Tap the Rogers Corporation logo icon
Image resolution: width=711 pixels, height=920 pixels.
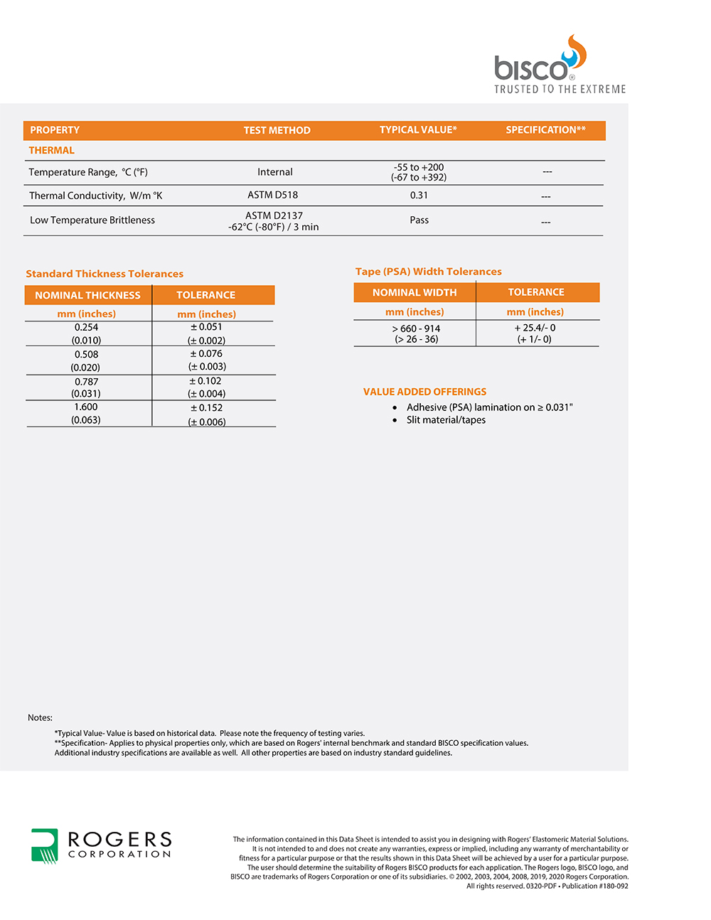click(44, 845)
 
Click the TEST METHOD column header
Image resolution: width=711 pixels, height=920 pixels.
click(277, 131)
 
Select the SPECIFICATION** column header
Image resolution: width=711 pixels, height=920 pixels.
click(545, 130)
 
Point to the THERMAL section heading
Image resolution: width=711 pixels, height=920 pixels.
click(51, 151)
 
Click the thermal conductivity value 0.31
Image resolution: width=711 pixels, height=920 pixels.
click(419, 196)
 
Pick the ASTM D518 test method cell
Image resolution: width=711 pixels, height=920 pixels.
click(272, 195)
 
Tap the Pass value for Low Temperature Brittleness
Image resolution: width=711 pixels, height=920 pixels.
click(419, 220)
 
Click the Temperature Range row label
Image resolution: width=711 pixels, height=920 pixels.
click(88, 172)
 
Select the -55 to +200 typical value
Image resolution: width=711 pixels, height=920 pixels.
click(419, 168)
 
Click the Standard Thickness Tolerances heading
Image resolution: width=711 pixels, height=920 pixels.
click(105, 274)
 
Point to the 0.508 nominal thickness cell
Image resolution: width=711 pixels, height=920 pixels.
click(86, 355)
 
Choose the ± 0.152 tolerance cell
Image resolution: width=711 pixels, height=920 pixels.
click(206, 408)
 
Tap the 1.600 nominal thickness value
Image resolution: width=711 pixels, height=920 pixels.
click(86, 407)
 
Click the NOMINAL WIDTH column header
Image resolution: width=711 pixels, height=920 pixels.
click(415, 292)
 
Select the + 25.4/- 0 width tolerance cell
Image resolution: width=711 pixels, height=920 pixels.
click(535, 328)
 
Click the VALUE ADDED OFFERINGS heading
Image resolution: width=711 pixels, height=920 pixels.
click(424, 392)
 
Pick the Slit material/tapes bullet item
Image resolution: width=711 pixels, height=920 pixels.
click(446, 420)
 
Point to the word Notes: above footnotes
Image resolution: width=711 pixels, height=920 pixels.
click(40, 718)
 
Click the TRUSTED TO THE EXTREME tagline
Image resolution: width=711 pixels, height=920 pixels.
click(560, 90)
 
